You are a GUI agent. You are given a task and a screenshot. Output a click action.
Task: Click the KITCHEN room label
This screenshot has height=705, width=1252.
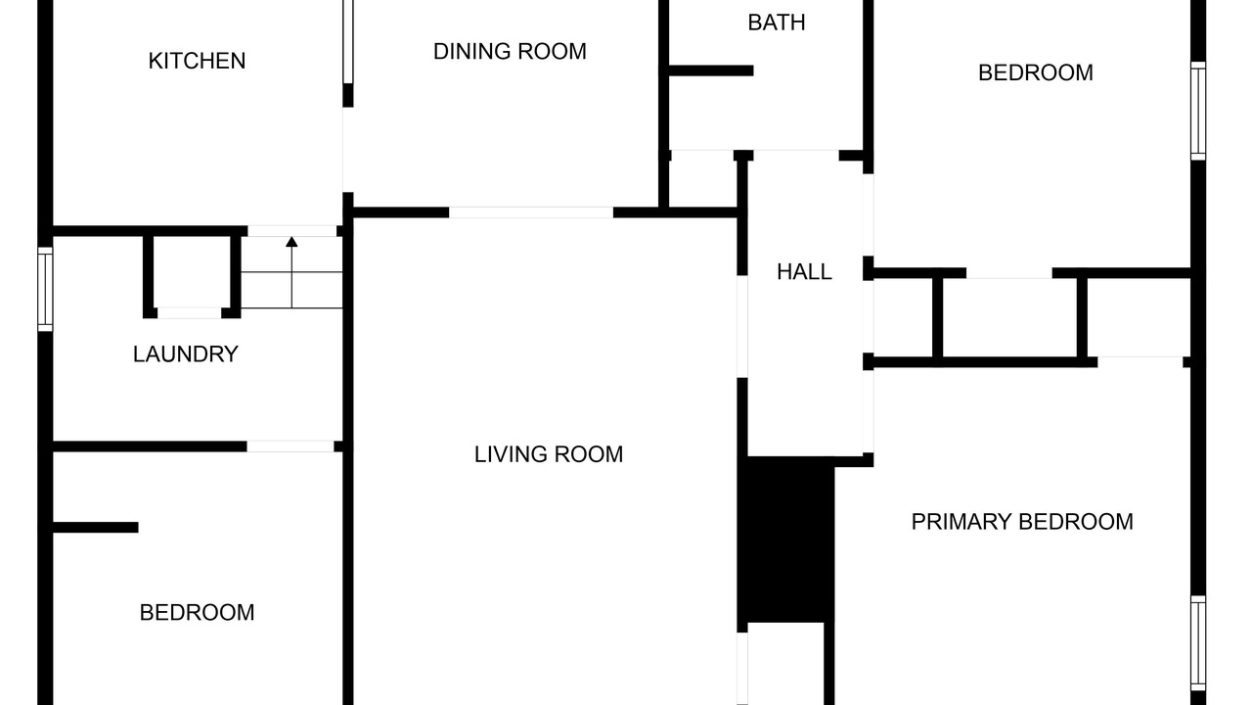point(197,61)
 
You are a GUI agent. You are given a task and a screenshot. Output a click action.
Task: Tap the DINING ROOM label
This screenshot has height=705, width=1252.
point(510,52)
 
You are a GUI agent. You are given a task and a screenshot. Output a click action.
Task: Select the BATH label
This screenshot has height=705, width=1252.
point(777,23)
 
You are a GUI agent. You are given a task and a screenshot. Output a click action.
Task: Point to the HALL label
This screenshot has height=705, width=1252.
point(804,272)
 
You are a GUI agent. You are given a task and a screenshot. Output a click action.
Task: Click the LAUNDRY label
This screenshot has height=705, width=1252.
point(186,354)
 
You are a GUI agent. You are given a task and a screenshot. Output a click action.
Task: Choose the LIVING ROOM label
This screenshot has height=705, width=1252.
point(549,454)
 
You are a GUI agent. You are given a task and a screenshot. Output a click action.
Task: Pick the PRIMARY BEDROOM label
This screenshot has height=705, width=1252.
point(1022,522)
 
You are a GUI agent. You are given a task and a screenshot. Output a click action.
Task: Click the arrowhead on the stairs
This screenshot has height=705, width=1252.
point(291,242)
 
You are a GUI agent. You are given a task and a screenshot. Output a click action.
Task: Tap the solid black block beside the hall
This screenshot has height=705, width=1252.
point(785,539)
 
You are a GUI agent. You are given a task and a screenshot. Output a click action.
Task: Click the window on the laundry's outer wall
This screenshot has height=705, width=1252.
point(45,289)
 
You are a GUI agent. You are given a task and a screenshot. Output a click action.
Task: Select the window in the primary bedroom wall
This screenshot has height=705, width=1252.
point(1198,643)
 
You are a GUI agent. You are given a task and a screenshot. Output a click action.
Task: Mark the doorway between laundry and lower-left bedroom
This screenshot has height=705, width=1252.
point(291,446)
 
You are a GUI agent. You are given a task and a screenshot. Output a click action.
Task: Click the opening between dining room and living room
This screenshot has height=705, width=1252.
point(531,212)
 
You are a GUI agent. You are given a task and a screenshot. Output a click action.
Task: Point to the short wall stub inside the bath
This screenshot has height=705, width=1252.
point(711,71)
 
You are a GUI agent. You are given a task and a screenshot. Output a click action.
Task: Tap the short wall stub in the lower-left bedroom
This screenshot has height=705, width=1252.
point(96,527)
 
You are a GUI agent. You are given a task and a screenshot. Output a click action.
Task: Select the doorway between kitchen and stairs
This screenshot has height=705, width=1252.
point(292,231)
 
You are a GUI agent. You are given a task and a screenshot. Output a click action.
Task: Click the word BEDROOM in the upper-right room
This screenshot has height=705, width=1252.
point(1036,73)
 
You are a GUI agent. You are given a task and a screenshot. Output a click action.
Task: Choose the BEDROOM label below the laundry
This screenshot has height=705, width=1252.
point(197,613)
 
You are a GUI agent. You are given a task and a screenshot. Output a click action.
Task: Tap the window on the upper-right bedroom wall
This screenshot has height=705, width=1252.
point(1198,111)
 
